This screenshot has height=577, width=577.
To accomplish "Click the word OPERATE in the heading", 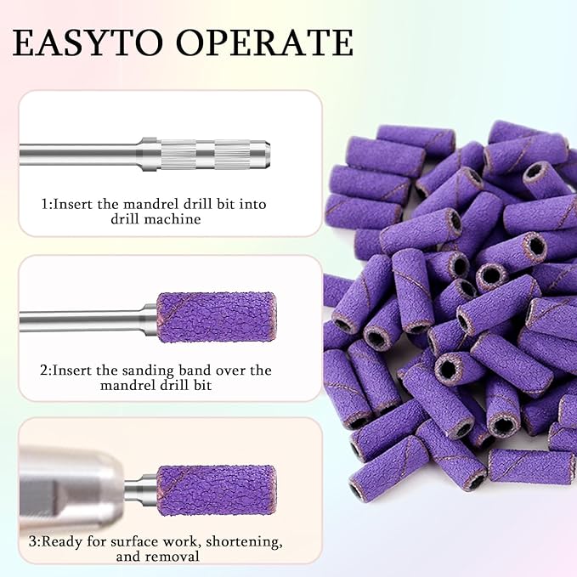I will [x=273, y=42].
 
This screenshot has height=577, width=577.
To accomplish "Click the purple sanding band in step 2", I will [x=217, y=318].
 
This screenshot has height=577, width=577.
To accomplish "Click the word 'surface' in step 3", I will [x=144, y=540].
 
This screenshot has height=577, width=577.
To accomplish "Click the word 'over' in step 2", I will [x=228, y=370].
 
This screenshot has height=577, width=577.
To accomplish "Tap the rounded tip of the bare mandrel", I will [x=266, y=154].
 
